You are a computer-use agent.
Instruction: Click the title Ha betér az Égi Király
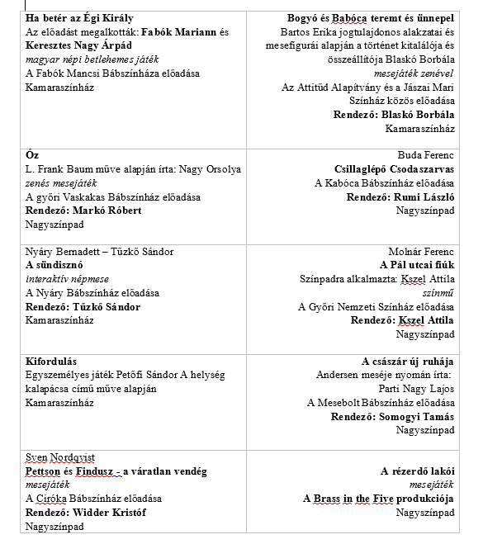coord(79,17)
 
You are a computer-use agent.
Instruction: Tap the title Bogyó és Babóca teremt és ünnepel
coord(371,17)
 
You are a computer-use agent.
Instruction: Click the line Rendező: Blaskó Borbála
coord(394,115)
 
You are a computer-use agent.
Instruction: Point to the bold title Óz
coord(32,155)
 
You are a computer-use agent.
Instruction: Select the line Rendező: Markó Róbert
coord(83,211)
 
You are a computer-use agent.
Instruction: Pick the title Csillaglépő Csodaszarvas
coord(395,169)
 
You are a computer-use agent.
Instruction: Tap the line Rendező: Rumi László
coord(400,197)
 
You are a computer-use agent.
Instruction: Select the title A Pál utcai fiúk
coord(417,266)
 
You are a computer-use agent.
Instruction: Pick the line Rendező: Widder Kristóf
coord(85,513)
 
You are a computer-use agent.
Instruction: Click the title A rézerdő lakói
coord(417,471)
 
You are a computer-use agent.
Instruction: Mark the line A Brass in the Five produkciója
coord(378,499)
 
